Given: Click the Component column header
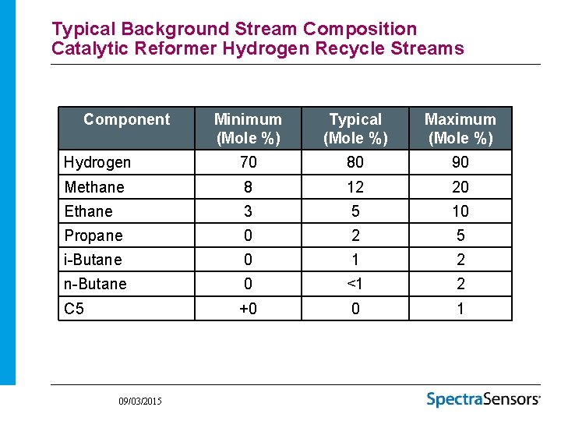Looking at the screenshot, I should (x=126, y=119).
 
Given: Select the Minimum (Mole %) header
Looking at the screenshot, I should (x=248, y=129).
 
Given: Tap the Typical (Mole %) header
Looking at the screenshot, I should (x=355, y=129).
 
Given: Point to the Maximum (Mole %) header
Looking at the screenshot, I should (x=460, y=129).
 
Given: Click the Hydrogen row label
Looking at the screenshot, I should (x=97, y=162).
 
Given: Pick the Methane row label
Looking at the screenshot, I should (x=94, y=187).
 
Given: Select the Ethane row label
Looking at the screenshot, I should (x=88, y=211).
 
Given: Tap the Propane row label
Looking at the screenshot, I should (x=93, y=235).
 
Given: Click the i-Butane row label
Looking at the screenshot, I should (x=93, y=260).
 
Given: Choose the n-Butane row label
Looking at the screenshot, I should (x=95, y=284).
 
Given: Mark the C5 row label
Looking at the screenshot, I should (x=74, y=309).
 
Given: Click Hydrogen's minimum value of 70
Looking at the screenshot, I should (x=248, y=162).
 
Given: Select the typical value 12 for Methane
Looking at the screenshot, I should (x=355, y=187).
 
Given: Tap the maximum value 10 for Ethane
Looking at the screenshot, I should (x=460, y=211).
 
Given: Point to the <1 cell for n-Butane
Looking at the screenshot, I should (x=355, y=284).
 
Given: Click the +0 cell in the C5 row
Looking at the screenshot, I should (x=248, y=309).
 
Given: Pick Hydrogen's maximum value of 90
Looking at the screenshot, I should (x=460, y=162).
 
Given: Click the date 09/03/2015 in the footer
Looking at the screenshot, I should (x=140, y=401).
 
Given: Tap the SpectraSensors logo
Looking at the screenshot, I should (x=483, y=399).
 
